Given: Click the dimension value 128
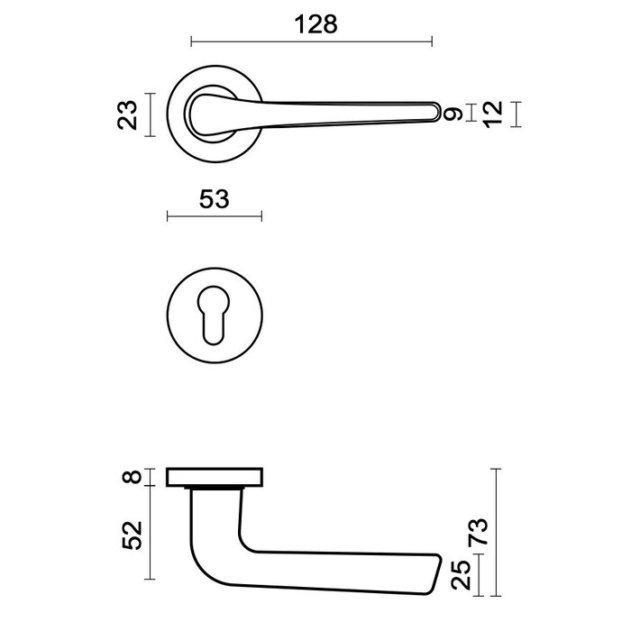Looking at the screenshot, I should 312,24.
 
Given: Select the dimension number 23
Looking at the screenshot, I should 131,115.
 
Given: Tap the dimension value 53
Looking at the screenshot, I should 213,199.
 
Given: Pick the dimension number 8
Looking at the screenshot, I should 136,477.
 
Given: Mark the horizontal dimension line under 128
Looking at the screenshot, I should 312,41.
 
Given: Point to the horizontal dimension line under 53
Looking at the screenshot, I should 215,215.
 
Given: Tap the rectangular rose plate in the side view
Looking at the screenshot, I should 215,477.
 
